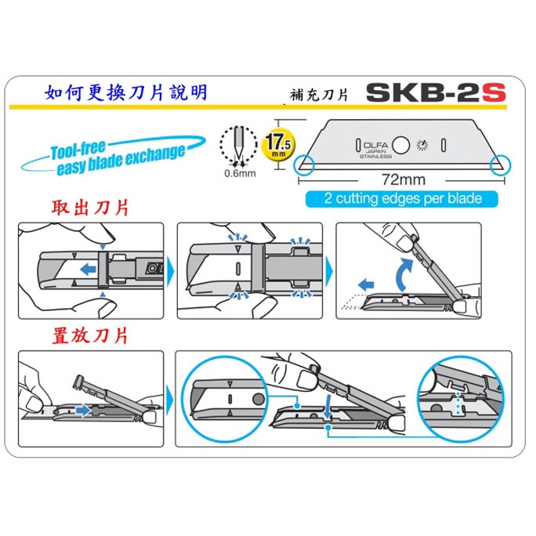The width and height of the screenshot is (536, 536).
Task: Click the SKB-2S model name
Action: [436, 92]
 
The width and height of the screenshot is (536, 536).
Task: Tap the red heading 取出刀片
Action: [90, 208]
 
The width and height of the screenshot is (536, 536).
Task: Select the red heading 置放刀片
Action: [90, 335]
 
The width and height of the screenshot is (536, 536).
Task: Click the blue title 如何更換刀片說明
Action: [126, 92]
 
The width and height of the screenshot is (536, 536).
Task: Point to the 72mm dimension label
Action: [404, 179]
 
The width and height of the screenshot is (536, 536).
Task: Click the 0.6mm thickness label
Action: [240, 173]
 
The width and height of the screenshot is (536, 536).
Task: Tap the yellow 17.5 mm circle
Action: [278, 144]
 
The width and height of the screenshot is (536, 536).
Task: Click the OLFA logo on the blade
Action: [375, 145]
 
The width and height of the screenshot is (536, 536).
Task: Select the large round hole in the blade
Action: [400, 145]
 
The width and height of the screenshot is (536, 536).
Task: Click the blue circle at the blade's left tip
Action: [303, 165]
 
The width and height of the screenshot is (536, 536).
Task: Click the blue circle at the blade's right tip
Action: [501, 165]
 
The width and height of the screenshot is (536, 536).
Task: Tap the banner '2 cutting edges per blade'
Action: [402, 198]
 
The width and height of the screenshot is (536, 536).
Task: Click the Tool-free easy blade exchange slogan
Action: [113, 156]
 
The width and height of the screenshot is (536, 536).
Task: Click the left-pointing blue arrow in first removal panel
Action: [88, 269]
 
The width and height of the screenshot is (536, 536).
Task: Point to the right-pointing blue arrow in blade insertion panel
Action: [83, 410]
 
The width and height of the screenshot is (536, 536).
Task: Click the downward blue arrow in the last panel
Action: [328, 407]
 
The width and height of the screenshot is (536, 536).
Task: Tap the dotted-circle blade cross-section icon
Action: [238, 144]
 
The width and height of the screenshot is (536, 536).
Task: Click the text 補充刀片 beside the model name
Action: [319, 95]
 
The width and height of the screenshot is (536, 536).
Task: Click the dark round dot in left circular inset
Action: [259, 399]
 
